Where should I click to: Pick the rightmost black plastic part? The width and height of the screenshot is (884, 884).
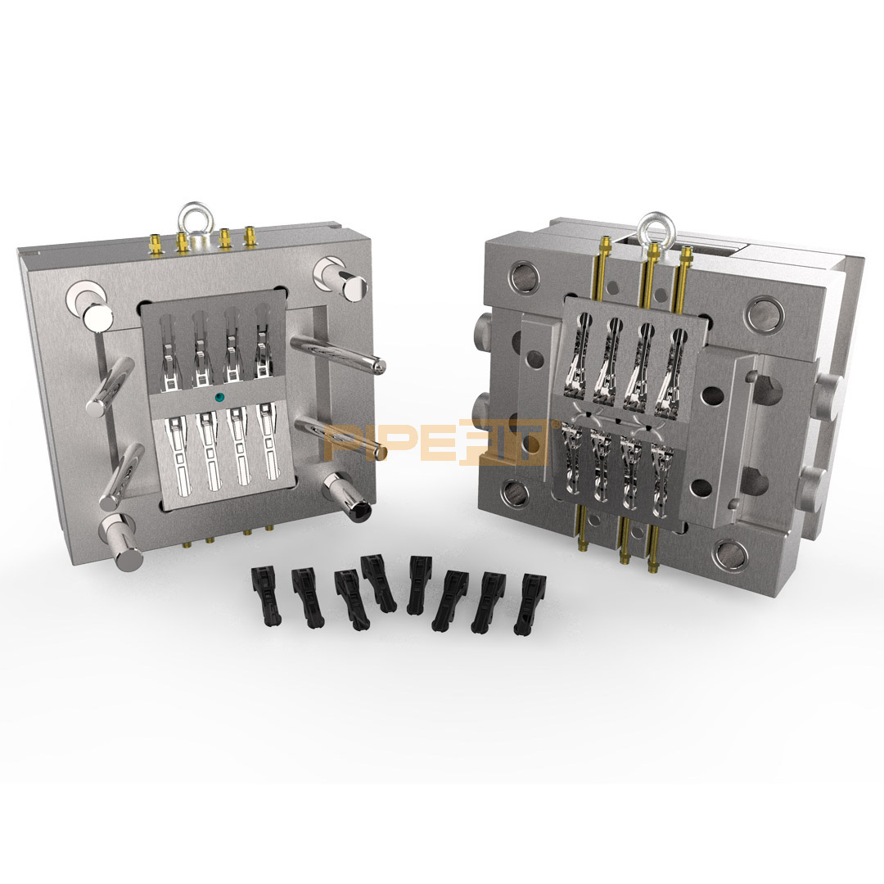(529, 604)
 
